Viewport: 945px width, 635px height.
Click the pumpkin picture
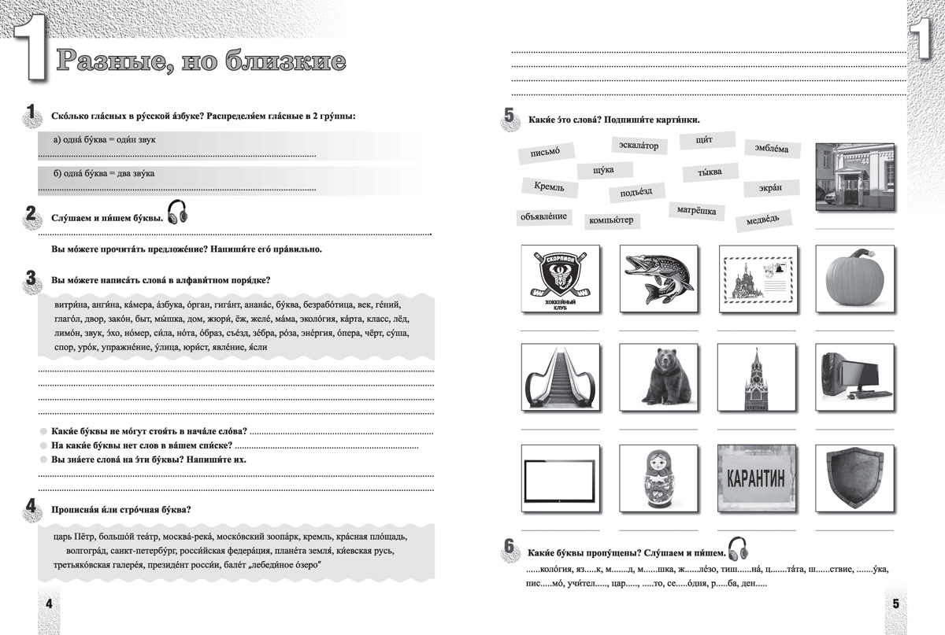click(x=854, y=278)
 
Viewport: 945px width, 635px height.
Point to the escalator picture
click(x=560, y=378)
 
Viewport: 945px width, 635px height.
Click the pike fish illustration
click(x=658, y=278)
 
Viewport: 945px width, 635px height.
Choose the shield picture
click(x=854, y=478)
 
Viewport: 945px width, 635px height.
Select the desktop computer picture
click(x=854, y=378)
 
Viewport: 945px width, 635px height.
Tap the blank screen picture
click(x=560, y=478)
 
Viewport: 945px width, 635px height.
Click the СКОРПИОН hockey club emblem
click(x=560, y=278)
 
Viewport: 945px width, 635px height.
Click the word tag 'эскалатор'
click(x=639, y=146)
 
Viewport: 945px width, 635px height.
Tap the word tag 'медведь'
click(x=763, y=220)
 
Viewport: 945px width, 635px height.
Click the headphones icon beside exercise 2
click(x=178, y=212)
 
